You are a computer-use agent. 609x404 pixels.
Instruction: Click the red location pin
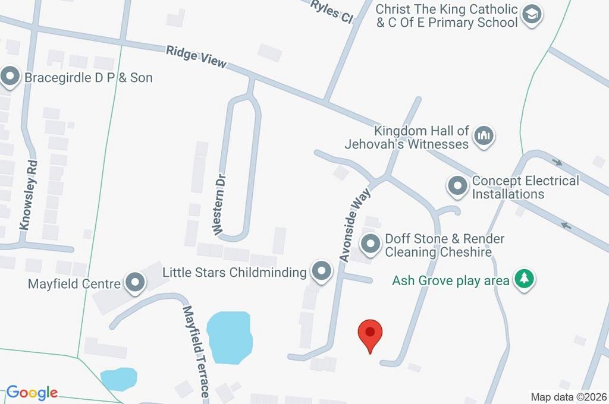(371, 334)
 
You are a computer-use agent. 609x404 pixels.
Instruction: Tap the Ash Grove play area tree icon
(524, 279)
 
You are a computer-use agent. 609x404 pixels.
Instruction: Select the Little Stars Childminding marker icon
(322, 272)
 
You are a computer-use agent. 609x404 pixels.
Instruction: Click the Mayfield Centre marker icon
(135, 283)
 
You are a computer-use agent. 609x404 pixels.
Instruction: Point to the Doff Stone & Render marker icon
(372, 244)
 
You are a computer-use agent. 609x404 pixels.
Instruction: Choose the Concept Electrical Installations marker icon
(457, 187)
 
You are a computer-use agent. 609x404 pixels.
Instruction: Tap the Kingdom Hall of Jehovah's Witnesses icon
(485, 137)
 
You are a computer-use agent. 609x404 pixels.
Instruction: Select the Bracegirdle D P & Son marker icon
(10, 77)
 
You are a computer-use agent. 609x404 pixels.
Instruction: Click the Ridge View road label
(196, 57)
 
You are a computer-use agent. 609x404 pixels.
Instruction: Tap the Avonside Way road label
(355, 225)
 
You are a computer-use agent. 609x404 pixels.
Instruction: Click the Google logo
(32, 392)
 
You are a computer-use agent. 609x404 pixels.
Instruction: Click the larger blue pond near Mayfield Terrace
(230, 337)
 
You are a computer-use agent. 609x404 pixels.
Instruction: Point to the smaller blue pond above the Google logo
(118, 378)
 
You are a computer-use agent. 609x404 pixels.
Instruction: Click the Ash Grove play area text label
(450, 280)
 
